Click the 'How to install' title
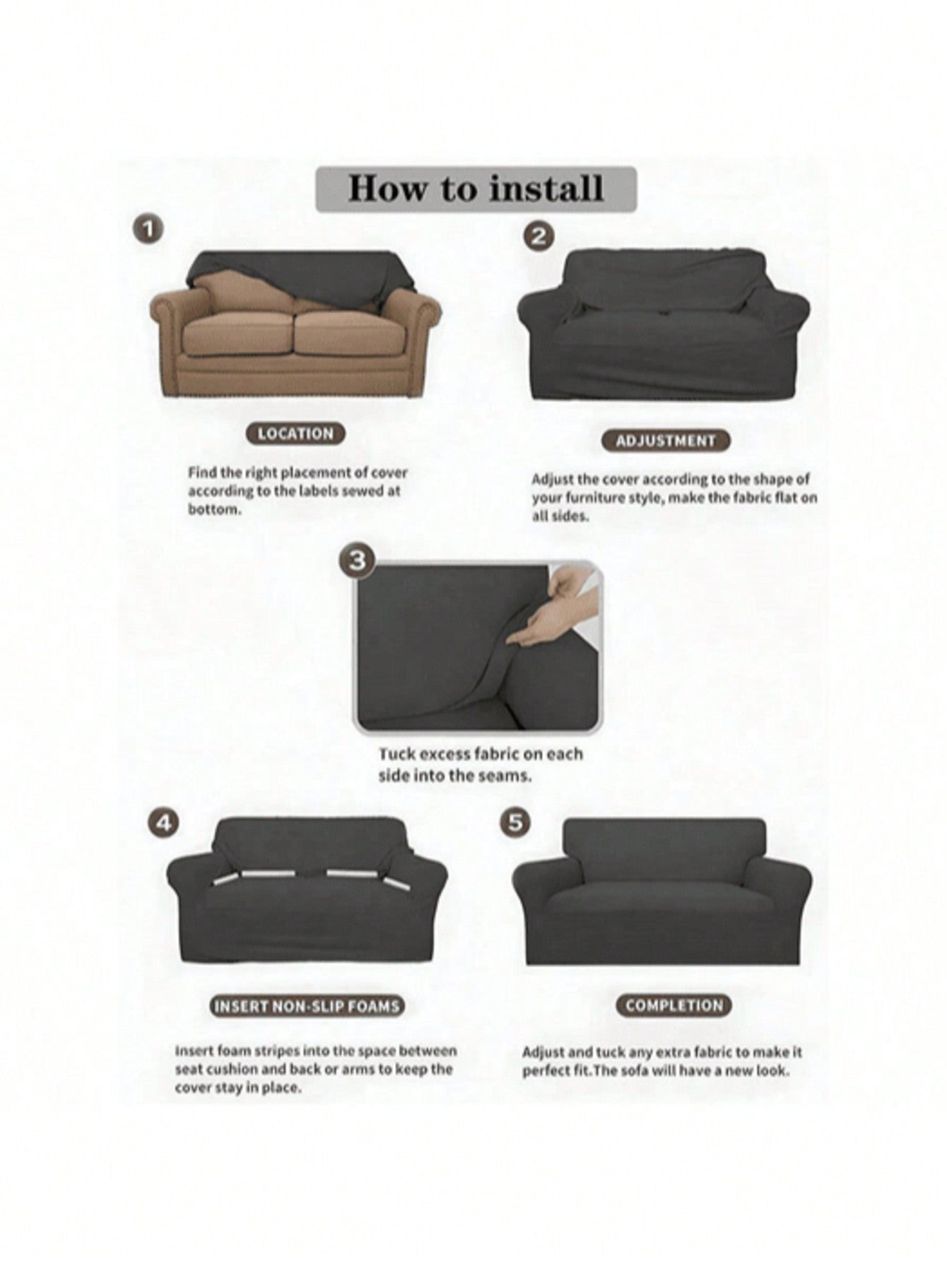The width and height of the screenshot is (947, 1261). point(476,189)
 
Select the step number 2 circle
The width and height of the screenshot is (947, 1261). point(539,235)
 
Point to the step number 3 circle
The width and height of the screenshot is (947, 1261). point(358,560)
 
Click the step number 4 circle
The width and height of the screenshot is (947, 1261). point(163,823)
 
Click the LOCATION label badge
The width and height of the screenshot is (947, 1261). point(295,433)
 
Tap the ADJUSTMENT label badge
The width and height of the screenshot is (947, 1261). point(666,440)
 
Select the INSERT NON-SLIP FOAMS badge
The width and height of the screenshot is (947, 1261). point(307,1005)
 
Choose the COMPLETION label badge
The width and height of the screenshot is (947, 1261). point(674,1005)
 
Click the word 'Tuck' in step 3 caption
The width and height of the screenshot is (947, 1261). point(396,754)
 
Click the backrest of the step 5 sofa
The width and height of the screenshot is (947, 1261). point(664,851)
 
